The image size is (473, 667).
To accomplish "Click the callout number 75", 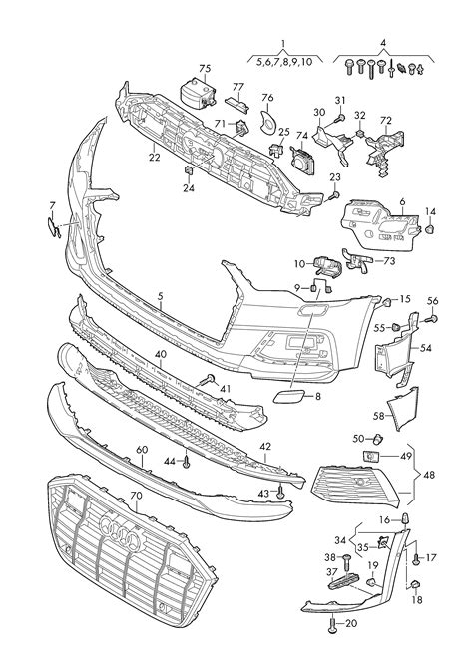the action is click(x=205, y=68).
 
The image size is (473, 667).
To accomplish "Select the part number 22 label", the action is click(x=154, y=157).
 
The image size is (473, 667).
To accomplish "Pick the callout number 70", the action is click(x=137, y=496).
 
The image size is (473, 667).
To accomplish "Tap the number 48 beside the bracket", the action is click(x=429, y=475).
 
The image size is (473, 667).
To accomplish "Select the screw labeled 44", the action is click(x=187, y=462).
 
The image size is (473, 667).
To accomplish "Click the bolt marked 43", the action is click(x=280, y=493).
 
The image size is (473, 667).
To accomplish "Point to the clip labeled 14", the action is click(x=430, y=230).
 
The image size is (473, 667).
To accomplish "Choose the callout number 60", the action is click(x=142, y=450).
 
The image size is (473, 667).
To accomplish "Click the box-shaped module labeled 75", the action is click(x=198, y=93).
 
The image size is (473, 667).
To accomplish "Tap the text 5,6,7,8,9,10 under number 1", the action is click(x=284, y=61).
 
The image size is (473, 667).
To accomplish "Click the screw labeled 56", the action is click(x=433, y=318).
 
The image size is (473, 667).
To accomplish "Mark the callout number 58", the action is click(x=378, y=416).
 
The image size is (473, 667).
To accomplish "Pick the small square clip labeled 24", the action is click(x=189, y=170).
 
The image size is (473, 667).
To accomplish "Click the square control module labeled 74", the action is click(x=303, y=160).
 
